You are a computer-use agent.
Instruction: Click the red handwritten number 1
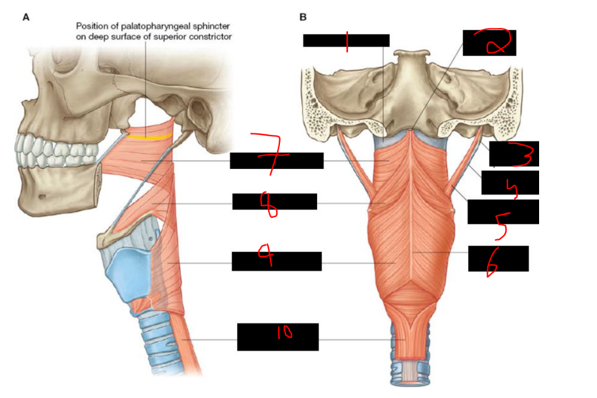click(x=347, y=41)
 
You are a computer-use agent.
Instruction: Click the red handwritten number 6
click(x=493, y=263)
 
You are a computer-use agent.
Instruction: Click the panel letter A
click(x=26, y=17)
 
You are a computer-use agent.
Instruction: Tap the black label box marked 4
click(x=510, y=183)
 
